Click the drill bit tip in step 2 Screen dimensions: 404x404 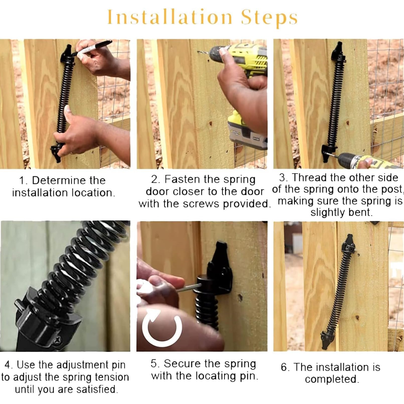198,52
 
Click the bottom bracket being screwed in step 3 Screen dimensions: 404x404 327,154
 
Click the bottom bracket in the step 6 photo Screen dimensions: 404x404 327,336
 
